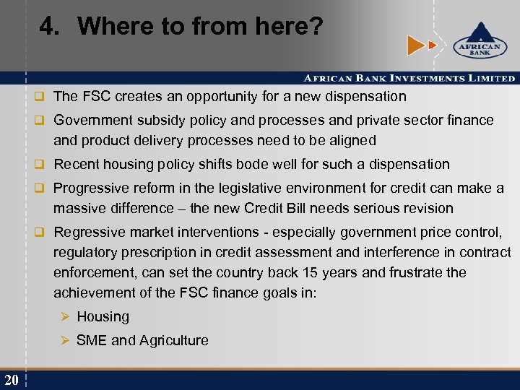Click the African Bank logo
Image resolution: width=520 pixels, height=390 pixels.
(476, 43)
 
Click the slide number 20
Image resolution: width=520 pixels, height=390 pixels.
(11, 380)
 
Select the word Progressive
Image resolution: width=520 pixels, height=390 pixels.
(91, 188)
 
